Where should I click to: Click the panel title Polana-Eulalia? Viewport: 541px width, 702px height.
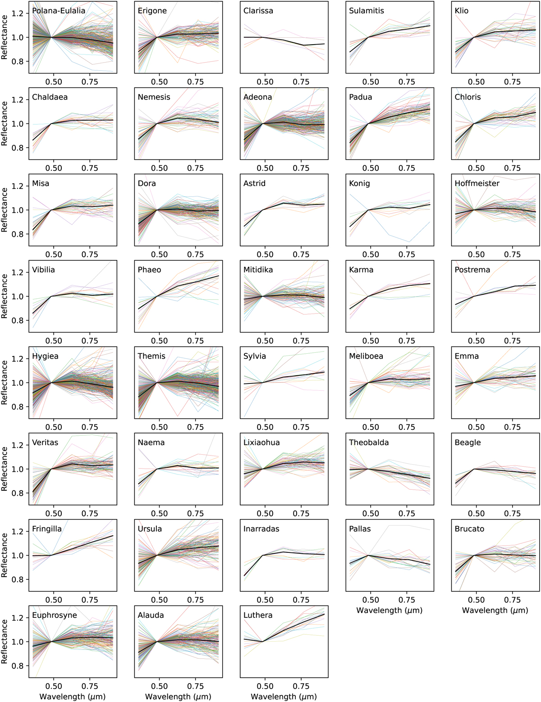coord(59,11)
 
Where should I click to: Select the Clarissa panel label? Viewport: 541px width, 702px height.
coord(258,11)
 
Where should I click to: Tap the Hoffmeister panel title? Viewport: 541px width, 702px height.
coord(477,183)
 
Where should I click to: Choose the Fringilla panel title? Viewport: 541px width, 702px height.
coord(47,529)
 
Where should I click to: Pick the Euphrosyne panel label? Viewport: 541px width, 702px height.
coord(55,615)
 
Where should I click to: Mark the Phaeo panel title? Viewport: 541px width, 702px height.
coord(149,270)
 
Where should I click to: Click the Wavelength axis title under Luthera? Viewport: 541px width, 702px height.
coord(284,697)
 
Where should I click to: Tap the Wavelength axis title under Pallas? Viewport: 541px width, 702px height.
coord(390,611)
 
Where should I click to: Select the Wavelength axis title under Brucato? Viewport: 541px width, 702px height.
coord(495,611)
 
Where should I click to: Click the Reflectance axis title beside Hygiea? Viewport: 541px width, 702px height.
coord(5,382)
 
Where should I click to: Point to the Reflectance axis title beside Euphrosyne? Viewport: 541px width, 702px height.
coord(5,641)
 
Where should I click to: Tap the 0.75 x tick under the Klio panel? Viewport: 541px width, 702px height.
coord(512,82)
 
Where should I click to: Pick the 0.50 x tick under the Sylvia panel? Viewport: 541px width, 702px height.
coord(265,427)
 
